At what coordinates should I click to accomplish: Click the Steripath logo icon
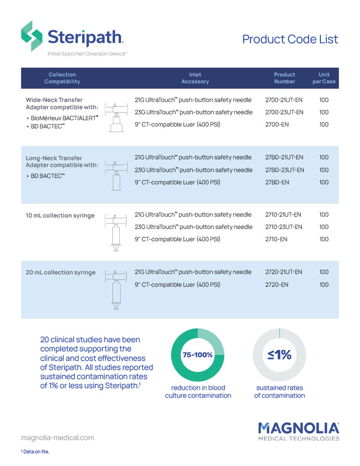pyautogui.click(x=32, y=36)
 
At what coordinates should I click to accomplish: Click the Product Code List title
pyautogui.click(x=290, y=39)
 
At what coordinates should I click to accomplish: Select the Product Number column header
pyautogui.click(x=284, y=78)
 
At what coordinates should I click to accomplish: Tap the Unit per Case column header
pyautogui.click(x=324, y=78)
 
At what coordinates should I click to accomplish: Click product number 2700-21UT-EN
pyautogui.click(x=284, y=100)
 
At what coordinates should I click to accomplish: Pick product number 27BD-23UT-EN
pyautogui.click(x=284, y=170)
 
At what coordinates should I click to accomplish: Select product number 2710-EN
pyautogui.click(x=276, y=239)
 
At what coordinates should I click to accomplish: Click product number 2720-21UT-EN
pyautogui.click(x=284, y=272)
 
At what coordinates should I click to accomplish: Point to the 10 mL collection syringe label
pyautogui.click(x=60, y=215)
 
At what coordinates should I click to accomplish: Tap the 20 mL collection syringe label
pyautogui.click(x=61, y=273)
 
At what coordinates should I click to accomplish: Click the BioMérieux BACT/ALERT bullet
pyautogui.click(x=62, y=117)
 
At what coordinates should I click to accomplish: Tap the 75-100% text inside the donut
pyautogui.click(x=198, y=355)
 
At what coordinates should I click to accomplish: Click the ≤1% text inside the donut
pyautogui.click(x=279, y=355)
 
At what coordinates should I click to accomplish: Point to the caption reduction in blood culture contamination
pyautogui.click(x=198, y=391)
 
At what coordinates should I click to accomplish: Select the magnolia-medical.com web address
pyautogui.click(x=58, y=437)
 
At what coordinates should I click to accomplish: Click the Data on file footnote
pyautogui.click(x=35, y=451)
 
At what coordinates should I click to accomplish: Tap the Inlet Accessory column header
pyautogui.click(x=195, y=78)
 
